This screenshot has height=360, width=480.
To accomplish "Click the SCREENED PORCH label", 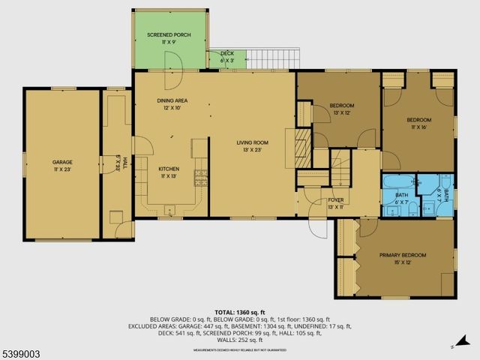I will pos(169,34).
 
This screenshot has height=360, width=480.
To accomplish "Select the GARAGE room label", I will pos(62,161).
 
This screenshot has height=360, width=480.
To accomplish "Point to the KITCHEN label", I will pos(168,169).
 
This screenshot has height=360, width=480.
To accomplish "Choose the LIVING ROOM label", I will pos(253,142).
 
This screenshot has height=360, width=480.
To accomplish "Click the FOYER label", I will pos(334,199).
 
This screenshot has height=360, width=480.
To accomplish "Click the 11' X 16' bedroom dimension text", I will pos(418,127).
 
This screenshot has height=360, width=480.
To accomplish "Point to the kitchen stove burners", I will pos(200,178).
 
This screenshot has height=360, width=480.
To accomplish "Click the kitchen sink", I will pos(169,208).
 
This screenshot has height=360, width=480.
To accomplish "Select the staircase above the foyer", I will pos(341,168).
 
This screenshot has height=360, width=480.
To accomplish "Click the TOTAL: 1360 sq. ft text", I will pos(240,312).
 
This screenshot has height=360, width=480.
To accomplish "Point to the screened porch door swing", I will pos(175,78).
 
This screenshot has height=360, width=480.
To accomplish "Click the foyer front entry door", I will pos(318,227).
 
